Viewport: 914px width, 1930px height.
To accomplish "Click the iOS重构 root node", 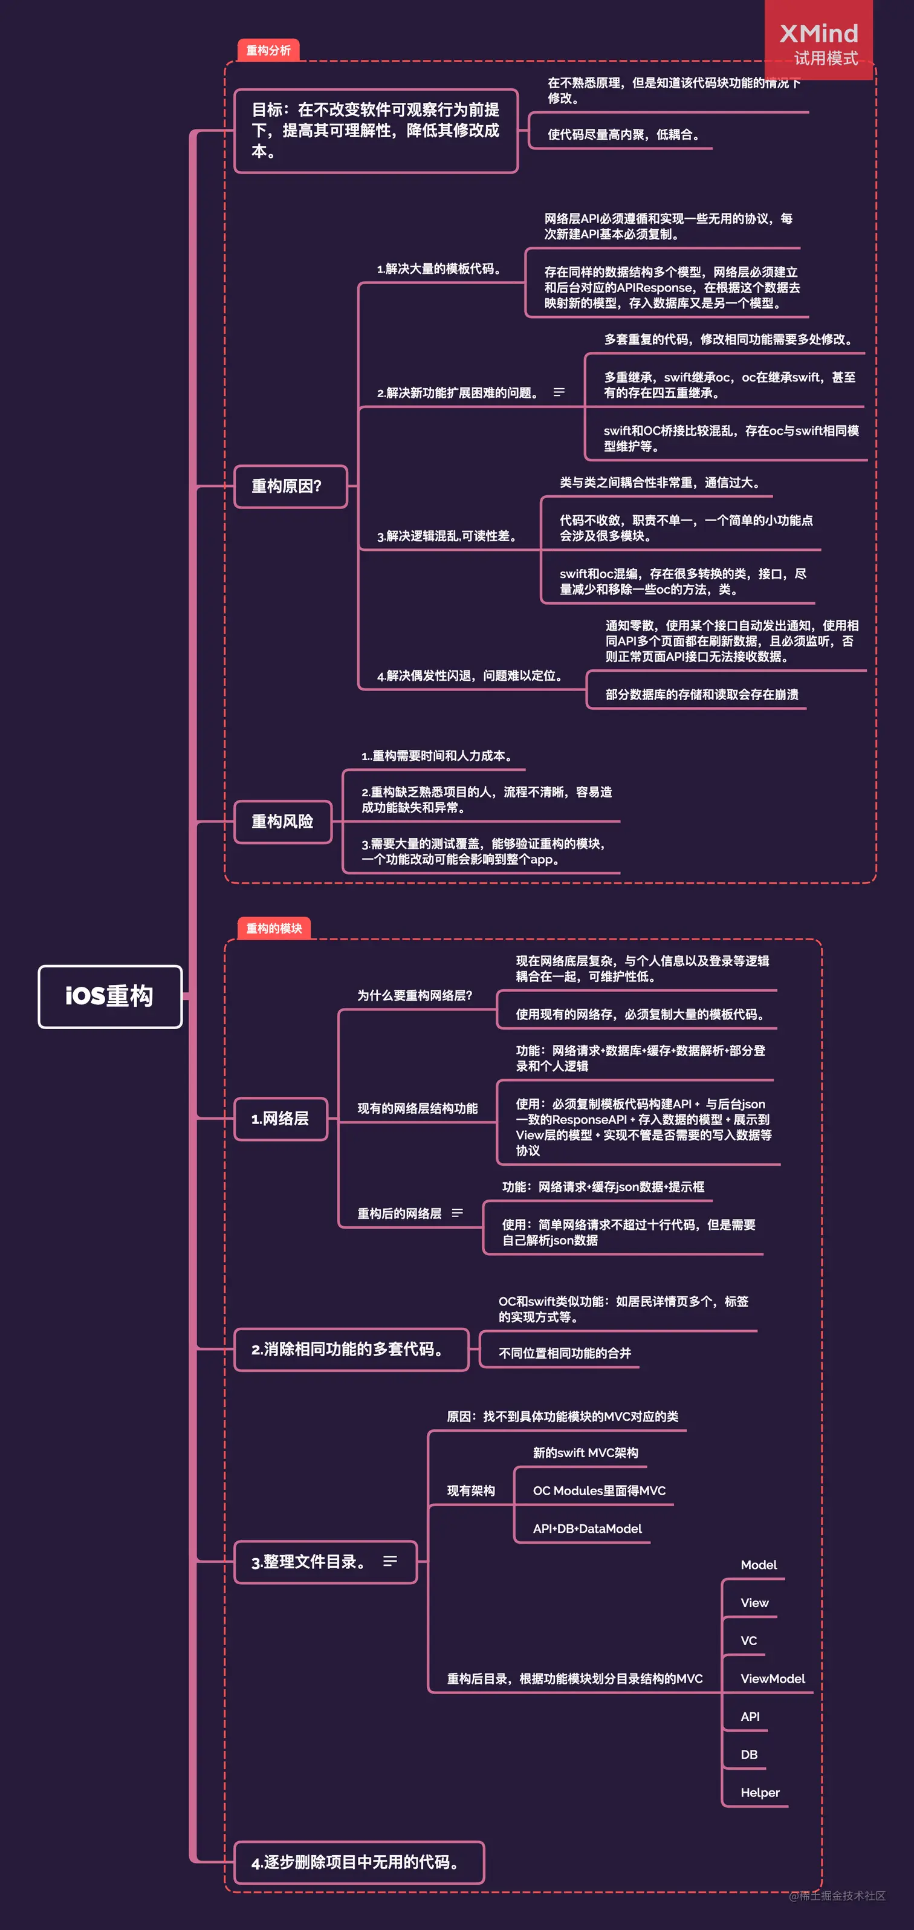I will click(x=110, y=996).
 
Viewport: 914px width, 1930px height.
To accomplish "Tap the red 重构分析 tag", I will click(x=268, y=50).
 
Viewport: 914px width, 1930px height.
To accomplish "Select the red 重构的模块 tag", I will click(x=273, y=928).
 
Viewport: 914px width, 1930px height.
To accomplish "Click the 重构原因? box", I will click(x=291, y=486).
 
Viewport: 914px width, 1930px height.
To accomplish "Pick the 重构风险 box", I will click(x=282, y=821).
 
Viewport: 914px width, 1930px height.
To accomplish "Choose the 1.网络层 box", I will click(x=281, y=1119).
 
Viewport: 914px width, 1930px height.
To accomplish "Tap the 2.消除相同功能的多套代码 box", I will click(x=351, y=1350).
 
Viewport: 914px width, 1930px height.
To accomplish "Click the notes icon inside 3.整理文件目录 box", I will click(x=389, y=1561).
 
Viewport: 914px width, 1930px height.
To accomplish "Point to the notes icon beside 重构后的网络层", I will click(x=457, y=1213).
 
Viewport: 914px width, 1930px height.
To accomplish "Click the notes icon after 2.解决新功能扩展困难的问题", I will click(x=559, y=392).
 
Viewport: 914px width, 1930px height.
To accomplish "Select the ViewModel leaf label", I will click(x=773, y=1678).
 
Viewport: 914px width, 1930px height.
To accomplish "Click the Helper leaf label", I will click(x=760, y=1792).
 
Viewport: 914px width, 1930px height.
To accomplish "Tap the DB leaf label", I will click(x=748, y=1754).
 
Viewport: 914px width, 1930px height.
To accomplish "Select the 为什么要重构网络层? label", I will click(x=414, y=995).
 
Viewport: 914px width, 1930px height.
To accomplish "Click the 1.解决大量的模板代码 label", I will click(x=439, y=269).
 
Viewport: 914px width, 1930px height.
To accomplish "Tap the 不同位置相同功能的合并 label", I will click(x=565, y=1353).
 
